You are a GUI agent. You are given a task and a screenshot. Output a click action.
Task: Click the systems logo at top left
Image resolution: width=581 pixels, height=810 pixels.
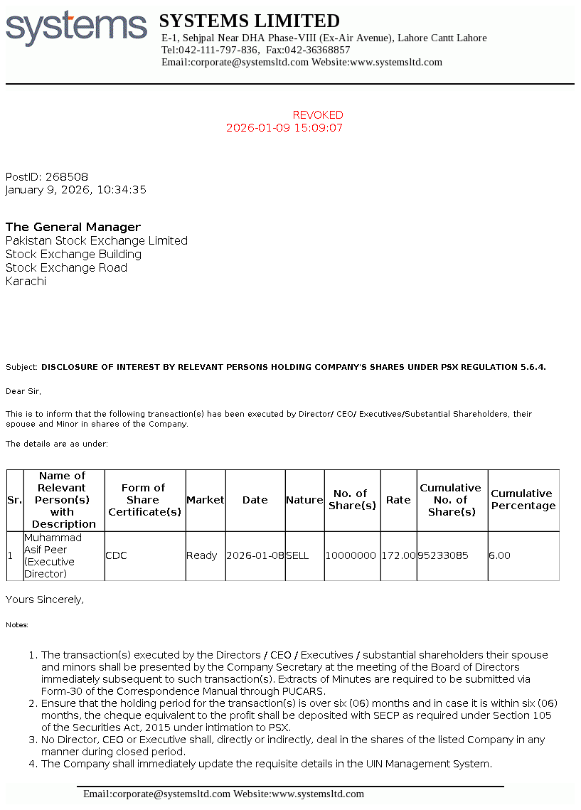[x=76, y=28]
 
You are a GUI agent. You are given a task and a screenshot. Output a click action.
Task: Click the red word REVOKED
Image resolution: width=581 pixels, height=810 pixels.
[x=318, y=115]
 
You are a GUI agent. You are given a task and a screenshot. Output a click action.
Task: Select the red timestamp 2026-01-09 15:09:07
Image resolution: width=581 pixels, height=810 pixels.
[x=284, y=128]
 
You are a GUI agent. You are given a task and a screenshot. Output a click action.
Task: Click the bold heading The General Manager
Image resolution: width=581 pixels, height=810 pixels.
[x=73, y=227]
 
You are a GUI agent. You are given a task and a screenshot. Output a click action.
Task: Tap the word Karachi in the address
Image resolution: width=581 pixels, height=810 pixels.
[x=26, y=281]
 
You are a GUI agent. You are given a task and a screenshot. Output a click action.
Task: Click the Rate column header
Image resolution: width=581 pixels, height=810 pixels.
[x=398, y=500]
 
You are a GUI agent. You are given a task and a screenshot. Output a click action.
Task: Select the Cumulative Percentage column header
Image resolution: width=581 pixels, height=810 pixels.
[x=523, y=499]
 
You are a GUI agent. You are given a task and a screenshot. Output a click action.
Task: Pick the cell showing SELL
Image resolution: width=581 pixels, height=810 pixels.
[x=297, y=555]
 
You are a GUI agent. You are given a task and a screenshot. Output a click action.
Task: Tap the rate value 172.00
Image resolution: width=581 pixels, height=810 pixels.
[x=398, y=555]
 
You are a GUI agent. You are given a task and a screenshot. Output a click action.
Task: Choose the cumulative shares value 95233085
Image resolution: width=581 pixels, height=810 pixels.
[x=443, y=555]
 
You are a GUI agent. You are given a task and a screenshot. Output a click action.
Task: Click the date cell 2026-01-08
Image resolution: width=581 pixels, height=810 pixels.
[x=255, y=555]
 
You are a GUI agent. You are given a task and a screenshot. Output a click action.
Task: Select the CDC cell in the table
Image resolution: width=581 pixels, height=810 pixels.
[x=116, y=555]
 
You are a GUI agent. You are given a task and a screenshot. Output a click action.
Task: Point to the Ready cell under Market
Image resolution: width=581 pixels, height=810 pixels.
[x=201, y=555]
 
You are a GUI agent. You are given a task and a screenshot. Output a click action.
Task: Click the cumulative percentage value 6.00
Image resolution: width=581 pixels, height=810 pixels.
[x=499, y=555]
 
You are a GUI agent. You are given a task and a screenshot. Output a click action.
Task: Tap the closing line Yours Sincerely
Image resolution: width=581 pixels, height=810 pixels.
[x=45, y=599]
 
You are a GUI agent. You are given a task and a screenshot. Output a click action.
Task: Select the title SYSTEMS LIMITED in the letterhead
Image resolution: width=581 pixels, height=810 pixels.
[x=249, y=21]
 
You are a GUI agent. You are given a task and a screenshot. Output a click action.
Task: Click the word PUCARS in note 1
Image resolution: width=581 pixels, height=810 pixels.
[x=304, y=691]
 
